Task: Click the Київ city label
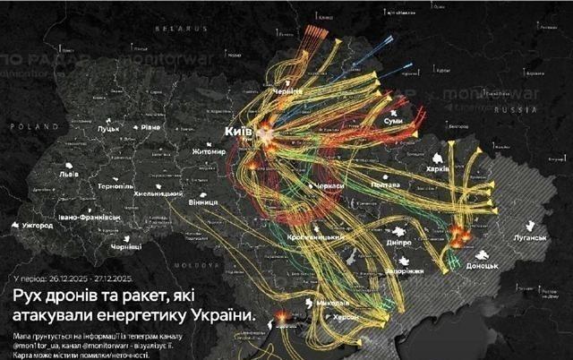pos(238,132)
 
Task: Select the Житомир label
pos(207,152)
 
